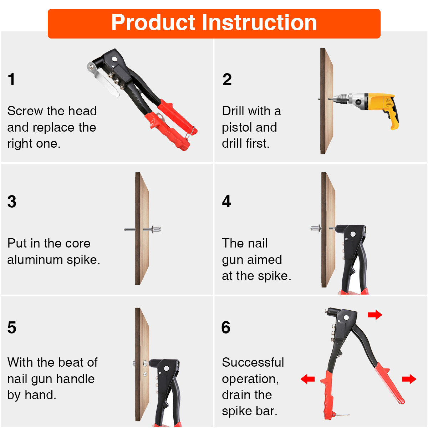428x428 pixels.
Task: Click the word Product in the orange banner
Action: pyautogui.click(x=153, y=22)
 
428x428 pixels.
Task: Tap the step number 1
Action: pyautogui.click(x=11, y=79)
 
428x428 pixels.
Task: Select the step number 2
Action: pyautogui.click(x=227, y=79)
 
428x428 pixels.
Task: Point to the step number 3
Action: pyautogui.click(x=12, y=202)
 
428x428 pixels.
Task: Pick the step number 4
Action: pyautogui.click(x=226, y=201)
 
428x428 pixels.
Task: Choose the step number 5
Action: pyautogui.click(x=12, y=327)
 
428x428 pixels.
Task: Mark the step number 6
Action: pyautogui.click(x=226, y=327)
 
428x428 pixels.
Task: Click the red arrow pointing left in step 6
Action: pyautogui.click(x=307, y=379)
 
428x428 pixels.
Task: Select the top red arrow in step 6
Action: pyautogui.click(x=375, y=315)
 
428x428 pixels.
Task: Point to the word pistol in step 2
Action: pyautogui.click(x=237, y=127)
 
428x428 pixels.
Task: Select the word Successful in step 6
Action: pyautogui.click(x=253, y=362)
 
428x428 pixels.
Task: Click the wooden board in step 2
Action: pyautogui.click(x=326, y=101)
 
